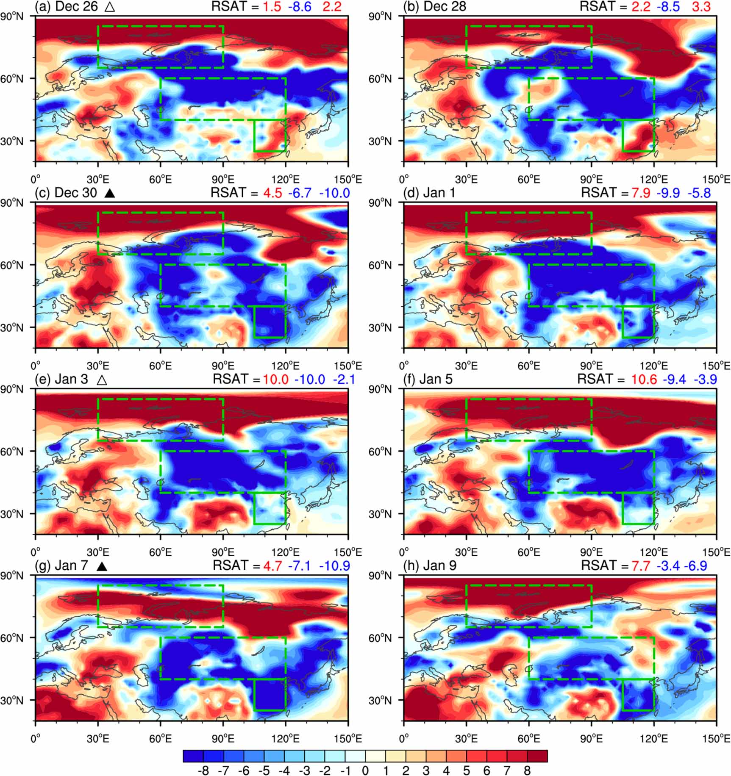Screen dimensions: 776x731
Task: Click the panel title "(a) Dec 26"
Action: [67, 7]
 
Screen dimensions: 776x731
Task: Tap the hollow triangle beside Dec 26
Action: [109, 7]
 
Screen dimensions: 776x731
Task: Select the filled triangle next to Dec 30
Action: [110, 193]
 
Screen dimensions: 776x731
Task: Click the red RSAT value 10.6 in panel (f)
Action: [644, 379]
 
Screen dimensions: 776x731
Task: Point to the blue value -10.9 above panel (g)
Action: [334, 565]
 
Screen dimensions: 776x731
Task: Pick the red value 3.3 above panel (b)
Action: [701, 7]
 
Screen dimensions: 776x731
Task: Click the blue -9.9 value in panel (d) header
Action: [668, 193]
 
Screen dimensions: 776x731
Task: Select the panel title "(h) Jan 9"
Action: [430, 565]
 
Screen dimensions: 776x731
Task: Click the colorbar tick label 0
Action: [365, 770]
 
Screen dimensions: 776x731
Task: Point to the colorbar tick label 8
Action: [527, 770]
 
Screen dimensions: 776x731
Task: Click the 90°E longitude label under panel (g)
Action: [223, 738]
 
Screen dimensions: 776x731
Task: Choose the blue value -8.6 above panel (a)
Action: [299, 7]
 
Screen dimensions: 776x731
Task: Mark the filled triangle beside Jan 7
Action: [101, 566]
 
